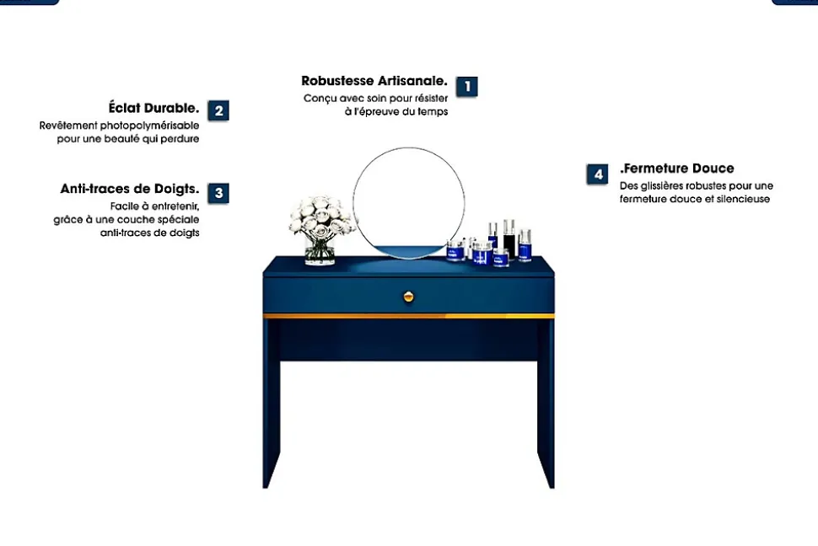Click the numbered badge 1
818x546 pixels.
[467, 87]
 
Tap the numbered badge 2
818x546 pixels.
[218, 110]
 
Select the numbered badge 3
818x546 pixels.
[218, 193]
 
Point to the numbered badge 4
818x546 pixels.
[597, 174]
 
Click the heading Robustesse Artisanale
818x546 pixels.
[374, 82]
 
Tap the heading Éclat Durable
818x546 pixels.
[153, 108]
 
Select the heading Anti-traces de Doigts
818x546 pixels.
[130, 189]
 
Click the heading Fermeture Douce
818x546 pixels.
[676, 169]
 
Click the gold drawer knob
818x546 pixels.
[408, 297]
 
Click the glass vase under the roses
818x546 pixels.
[320, 250]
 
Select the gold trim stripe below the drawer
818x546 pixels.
[408, 316]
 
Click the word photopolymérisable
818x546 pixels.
[149, 126]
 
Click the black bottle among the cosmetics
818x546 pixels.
[509, 240]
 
